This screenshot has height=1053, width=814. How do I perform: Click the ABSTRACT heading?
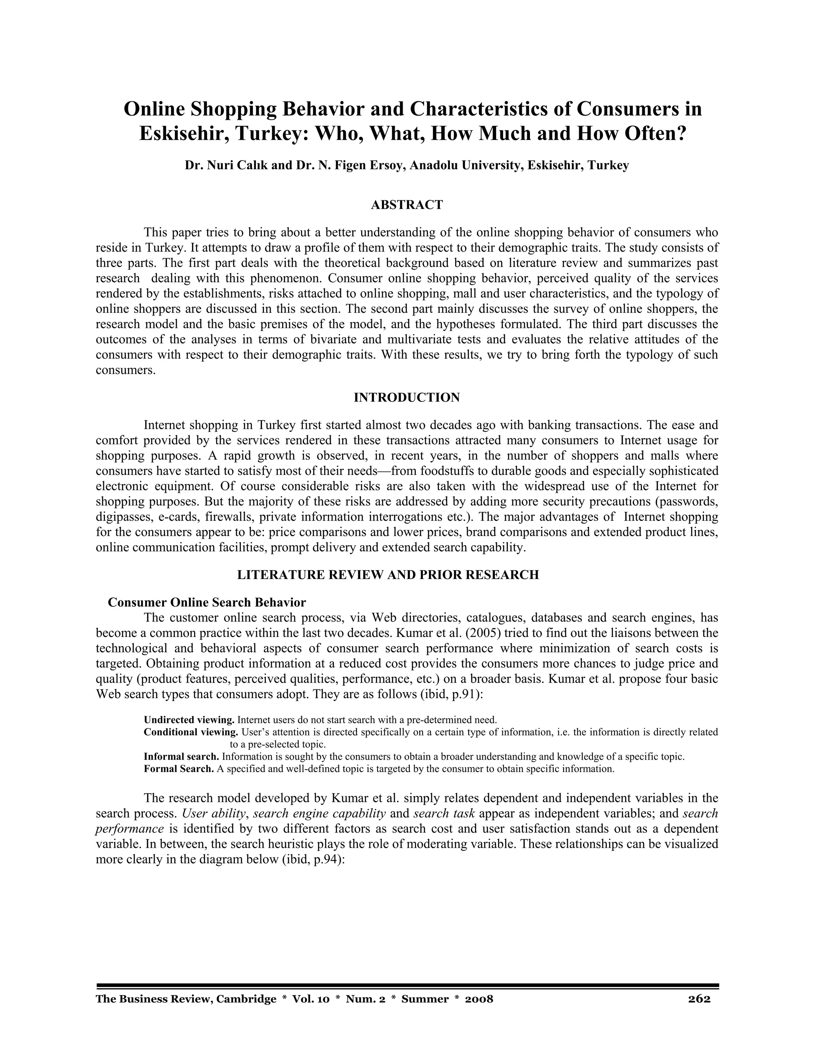tap(407, 205)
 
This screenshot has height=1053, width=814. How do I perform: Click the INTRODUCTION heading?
tap(407, 398)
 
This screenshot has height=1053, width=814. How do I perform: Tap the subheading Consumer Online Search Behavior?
tap(206, 603)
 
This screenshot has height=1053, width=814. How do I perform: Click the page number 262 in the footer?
tap(699, 999)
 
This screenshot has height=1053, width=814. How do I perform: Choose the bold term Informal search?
tap(181, 757)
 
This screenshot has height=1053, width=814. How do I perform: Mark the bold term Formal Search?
tap(178, 768)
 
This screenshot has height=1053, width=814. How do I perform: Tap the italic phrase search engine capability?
tap(319, 813)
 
